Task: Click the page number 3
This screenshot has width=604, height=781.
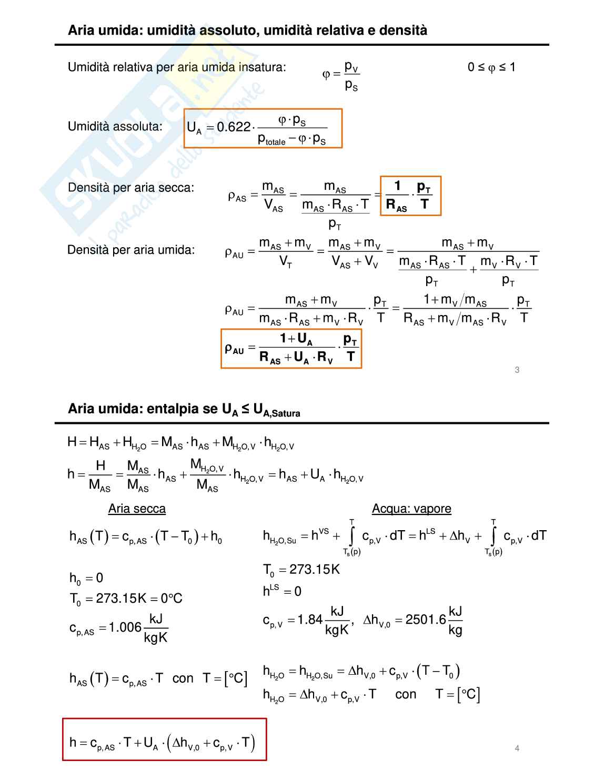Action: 517,370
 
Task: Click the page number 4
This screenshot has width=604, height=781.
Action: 517,748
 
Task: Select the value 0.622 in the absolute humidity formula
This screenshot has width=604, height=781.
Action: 234,127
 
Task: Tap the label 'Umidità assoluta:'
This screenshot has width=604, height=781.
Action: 115,126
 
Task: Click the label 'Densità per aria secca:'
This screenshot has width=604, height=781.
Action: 131,188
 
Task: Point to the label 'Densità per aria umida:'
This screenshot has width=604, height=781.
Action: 131,250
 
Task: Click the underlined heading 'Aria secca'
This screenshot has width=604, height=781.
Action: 137,509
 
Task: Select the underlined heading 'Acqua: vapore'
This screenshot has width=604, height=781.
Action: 411,509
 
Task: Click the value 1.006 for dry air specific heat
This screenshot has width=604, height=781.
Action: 125,627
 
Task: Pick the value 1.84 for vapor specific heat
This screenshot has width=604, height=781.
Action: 310,620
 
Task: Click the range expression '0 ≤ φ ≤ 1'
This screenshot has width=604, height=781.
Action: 491,67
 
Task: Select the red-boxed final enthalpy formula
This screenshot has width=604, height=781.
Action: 164,739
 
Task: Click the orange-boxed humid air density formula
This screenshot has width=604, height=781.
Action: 291,349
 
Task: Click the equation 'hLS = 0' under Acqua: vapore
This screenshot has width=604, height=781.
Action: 282,591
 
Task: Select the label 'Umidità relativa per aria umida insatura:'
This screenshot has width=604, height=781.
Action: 177,67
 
